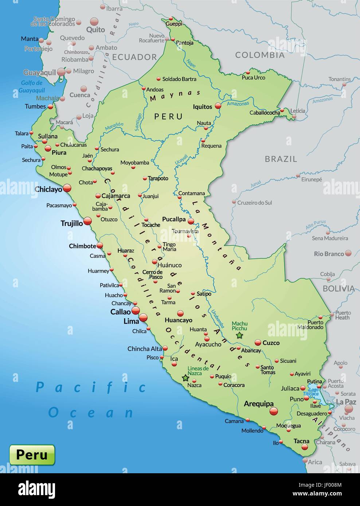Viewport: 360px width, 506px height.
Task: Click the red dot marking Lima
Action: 143,317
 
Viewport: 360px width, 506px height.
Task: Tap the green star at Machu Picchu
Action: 239,335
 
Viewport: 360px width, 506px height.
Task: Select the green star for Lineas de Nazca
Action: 185,378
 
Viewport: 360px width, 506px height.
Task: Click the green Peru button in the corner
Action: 32,455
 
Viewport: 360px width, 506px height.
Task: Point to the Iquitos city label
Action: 202,107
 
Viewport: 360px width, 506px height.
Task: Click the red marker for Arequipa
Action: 274,411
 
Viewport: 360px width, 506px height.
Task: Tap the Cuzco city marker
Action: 258,343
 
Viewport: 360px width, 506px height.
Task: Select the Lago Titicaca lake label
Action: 313,392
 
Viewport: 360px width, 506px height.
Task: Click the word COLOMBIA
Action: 259,55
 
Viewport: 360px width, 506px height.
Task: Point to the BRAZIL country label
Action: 281,159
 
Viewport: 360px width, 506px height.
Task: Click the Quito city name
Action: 95,30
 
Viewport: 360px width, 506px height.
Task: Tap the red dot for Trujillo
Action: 87,221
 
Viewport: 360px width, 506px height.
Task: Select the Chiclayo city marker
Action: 67,188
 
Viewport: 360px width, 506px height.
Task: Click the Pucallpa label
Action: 174,219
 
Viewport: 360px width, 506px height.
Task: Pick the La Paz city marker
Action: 349,409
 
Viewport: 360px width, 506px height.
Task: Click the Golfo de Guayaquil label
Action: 32,87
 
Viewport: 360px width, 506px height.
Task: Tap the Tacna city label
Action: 301,441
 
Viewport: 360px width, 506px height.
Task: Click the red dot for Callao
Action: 136,311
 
